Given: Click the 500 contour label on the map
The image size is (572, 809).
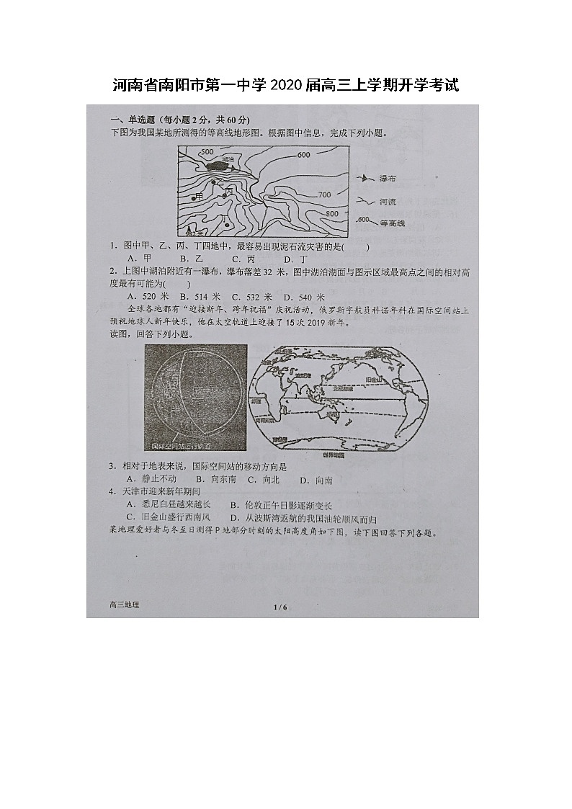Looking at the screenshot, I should (207, 153).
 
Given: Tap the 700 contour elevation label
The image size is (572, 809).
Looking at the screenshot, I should (323, 195).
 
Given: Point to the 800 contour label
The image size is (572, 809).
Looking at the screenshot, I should (331, 214).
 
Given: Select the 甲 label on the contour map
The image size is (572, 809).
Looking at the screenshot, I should (199, 196).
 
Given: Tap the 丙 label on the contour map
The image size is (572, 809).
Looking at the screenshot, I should (229, 192).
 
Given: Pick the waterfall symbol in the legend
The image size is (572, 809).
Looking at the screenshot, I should (365, 178).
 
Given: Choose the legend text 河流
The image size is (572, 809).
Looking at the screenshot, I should (388, 202).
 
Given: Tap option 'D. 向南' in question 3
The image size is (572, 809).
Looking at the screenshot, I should (316, 480).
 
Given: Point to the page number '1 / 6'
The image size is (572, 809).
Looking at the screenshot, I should (280, 607).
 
